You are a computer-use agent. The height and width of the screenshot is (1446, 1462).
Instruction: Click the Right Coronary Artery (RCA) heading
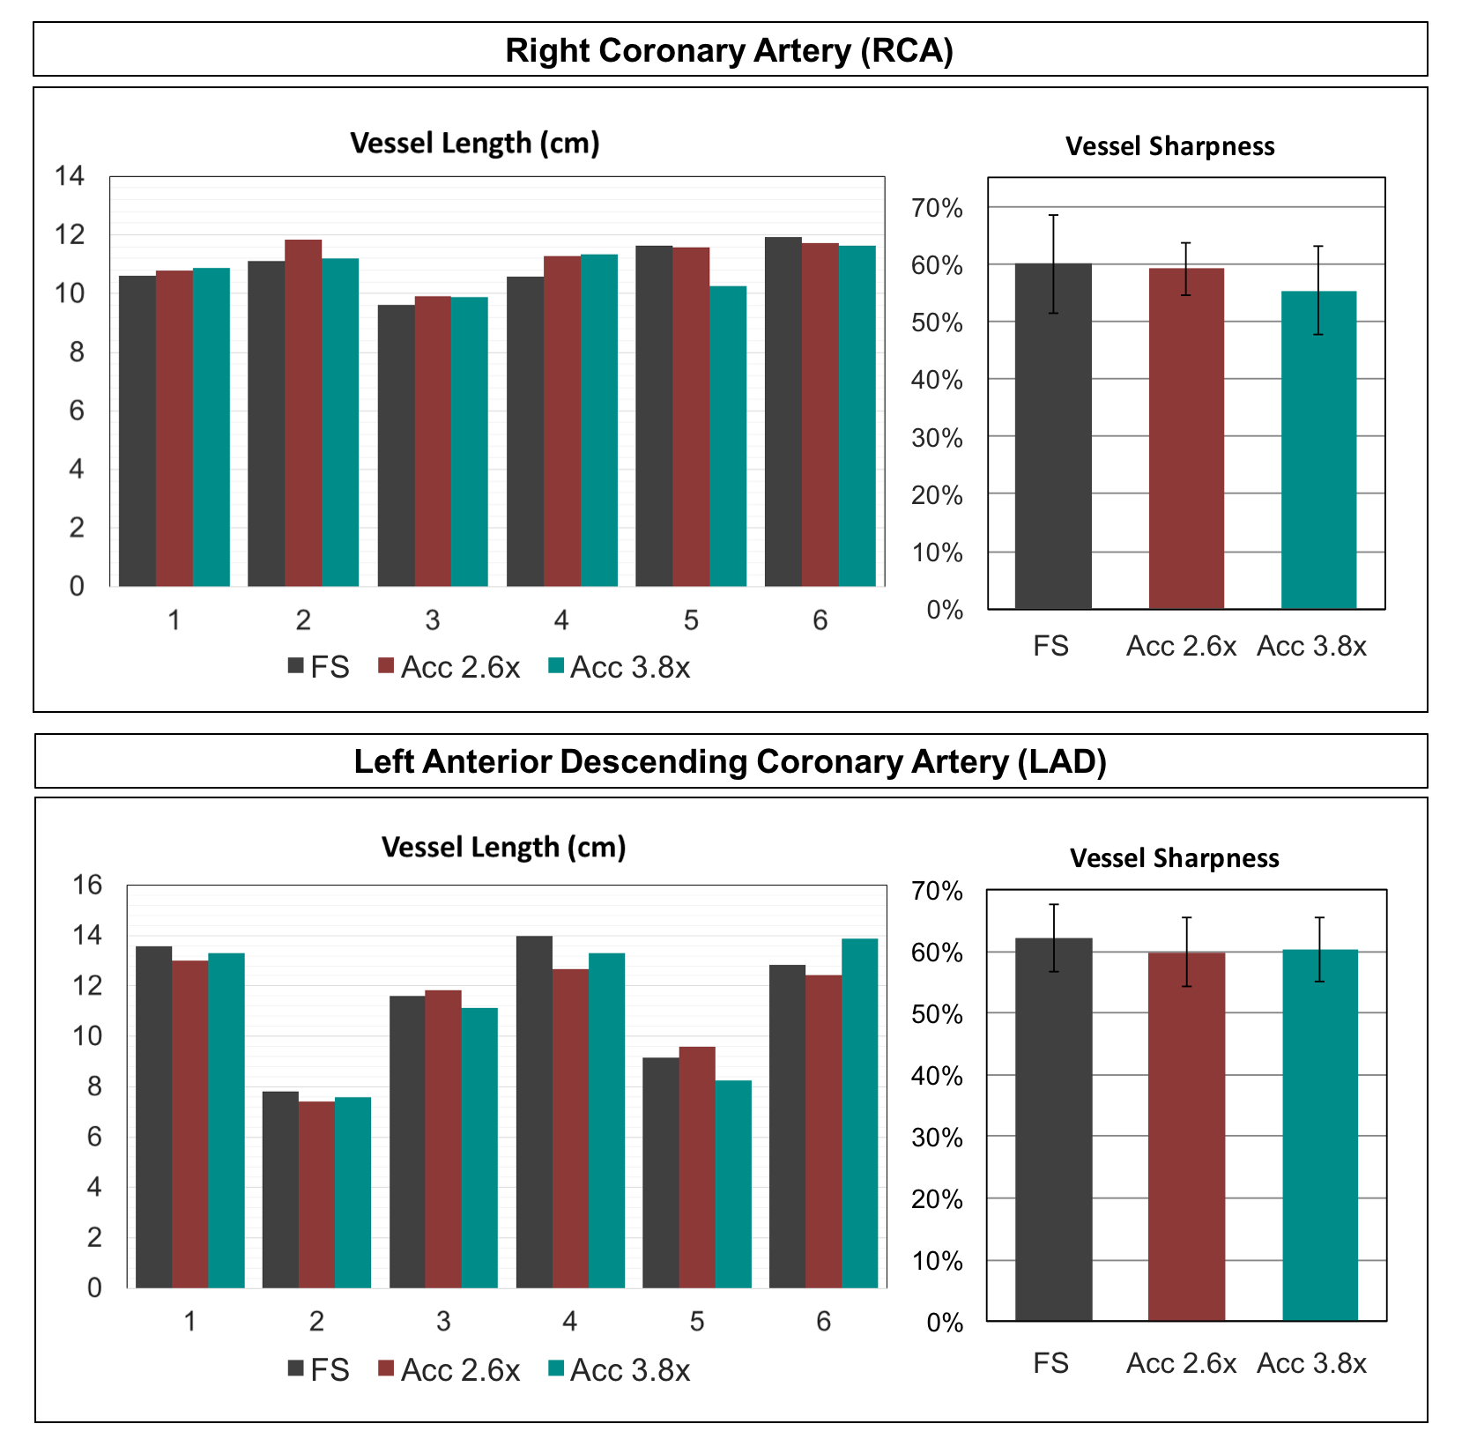pos(730,50)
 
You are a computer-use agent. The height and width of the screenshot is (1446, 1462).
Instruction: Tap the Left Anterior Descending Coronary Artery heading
pos(730,761)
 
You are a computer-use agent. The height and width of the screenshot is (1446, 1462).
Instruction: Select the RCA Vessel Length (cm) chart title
pos(475,143)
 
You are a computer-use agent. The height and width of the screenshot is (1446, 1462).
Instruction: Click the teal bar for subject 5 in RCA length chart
pos(728,436)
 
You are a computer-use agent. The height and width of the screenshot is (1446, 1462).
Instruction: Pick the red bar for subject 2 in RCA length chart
pos(303,412)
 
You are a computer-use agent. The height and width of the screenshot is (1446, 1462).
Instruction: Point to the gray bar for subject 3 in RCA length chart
pos(396,445)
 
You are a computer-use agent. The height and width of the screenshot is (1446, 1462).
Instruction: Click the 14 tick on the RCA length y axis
pos(70,176)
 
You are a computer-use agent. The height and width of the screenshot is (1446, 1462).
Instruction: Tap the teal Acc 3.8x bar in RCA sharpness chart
pos(1318,449)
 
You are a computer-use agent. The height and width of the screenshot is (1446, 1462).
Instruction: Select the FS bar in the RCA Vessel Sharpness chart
pos(1053,436)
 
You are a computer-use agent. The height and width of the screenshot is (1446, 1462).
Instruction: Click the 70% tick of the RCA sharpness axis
pos(938,209)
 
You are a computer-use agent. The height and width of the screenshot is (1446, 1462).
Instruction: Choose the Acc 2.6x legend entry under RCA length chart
pos(449,668)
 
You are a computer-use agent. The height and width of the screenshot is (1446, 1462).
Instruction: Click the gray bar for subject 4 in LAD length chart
pos(534,1111)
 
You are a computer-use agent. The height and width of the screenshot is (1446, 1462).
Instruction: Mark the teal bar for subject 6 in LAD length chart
pos(859,1113)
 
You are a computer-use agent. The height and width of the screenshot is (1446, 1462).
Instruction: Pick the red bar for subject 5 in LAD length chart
pos(697,1167)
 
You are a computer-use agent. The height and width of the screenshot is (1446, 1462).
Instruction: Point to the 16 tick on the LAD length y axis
pos(87,885)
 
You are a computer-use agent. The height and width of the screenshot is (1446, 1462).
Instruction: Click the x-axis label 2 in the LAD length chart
pos(316,1321)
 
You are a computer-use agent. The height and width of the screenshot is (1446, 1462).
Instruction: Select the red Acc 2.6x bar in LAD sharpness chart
pos(1186,1136)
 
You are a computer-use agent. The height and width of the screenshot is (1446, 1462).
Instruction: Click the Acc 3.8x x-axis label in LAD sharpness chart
pos(1311,1363)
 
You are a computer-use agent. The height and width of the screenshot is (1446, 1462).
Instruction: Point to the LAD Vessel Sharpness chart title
pos(1174,858)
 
